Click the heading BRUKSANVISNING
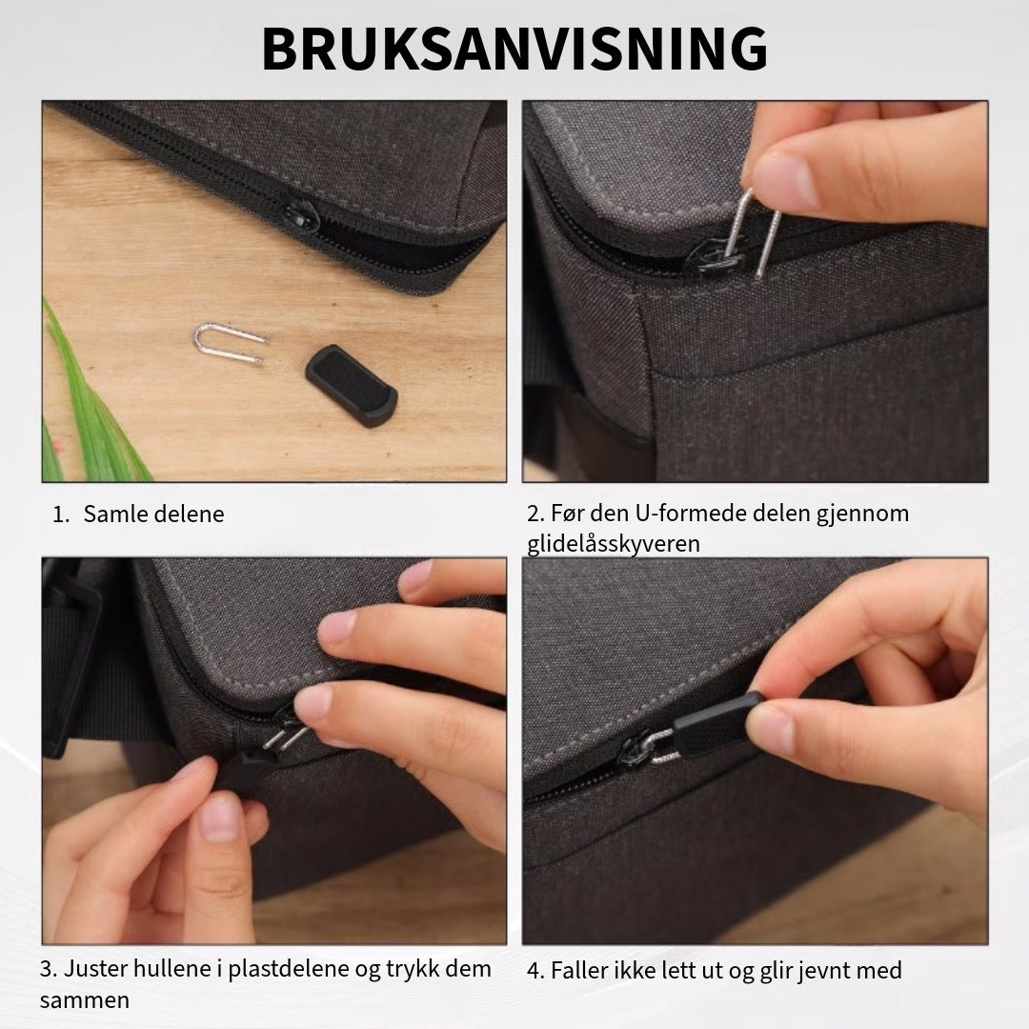(514, 49)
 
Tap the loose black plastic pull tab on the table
(351, 385)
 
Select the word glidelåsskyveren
(614, 543)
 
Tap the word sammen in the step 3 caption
(85, 1000)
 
